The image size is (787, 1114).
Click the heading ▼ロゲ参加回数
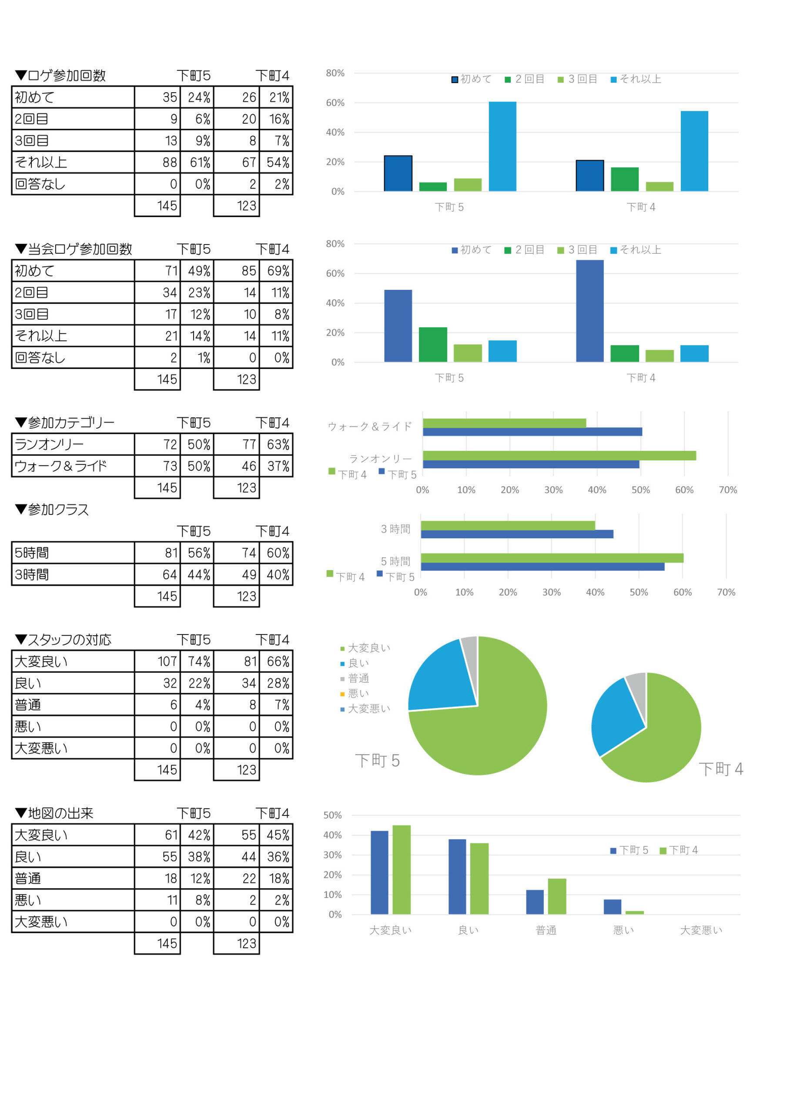pos(60,76)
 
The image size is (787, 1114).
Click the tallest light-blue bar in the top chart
pos(502,147)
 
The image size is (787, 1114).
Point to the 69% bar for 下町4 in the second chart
pos(589,311)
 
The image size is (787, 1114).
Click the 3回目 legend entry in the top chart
pos(577,80)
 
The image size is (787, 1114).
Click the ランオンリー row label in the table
pos(49,444)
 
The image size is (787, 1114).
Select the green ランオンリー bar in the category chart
pos(559,456)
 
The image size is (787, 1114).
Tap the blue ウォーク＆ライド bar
pos(532,432)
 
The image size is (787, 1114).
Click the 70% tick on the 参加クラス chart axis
pos(726,592)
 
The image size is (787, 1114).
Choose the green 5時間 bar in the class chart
pos(552,558)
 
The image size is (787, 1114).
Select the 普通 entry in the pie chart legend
pos(358,678)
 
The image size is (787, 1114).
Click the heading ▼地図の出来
pos(54,813)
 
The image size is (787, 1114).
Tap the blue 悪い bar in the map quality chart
pos(612,907)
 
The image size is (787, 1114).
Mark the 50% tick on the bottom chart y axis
pos(332,815)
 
